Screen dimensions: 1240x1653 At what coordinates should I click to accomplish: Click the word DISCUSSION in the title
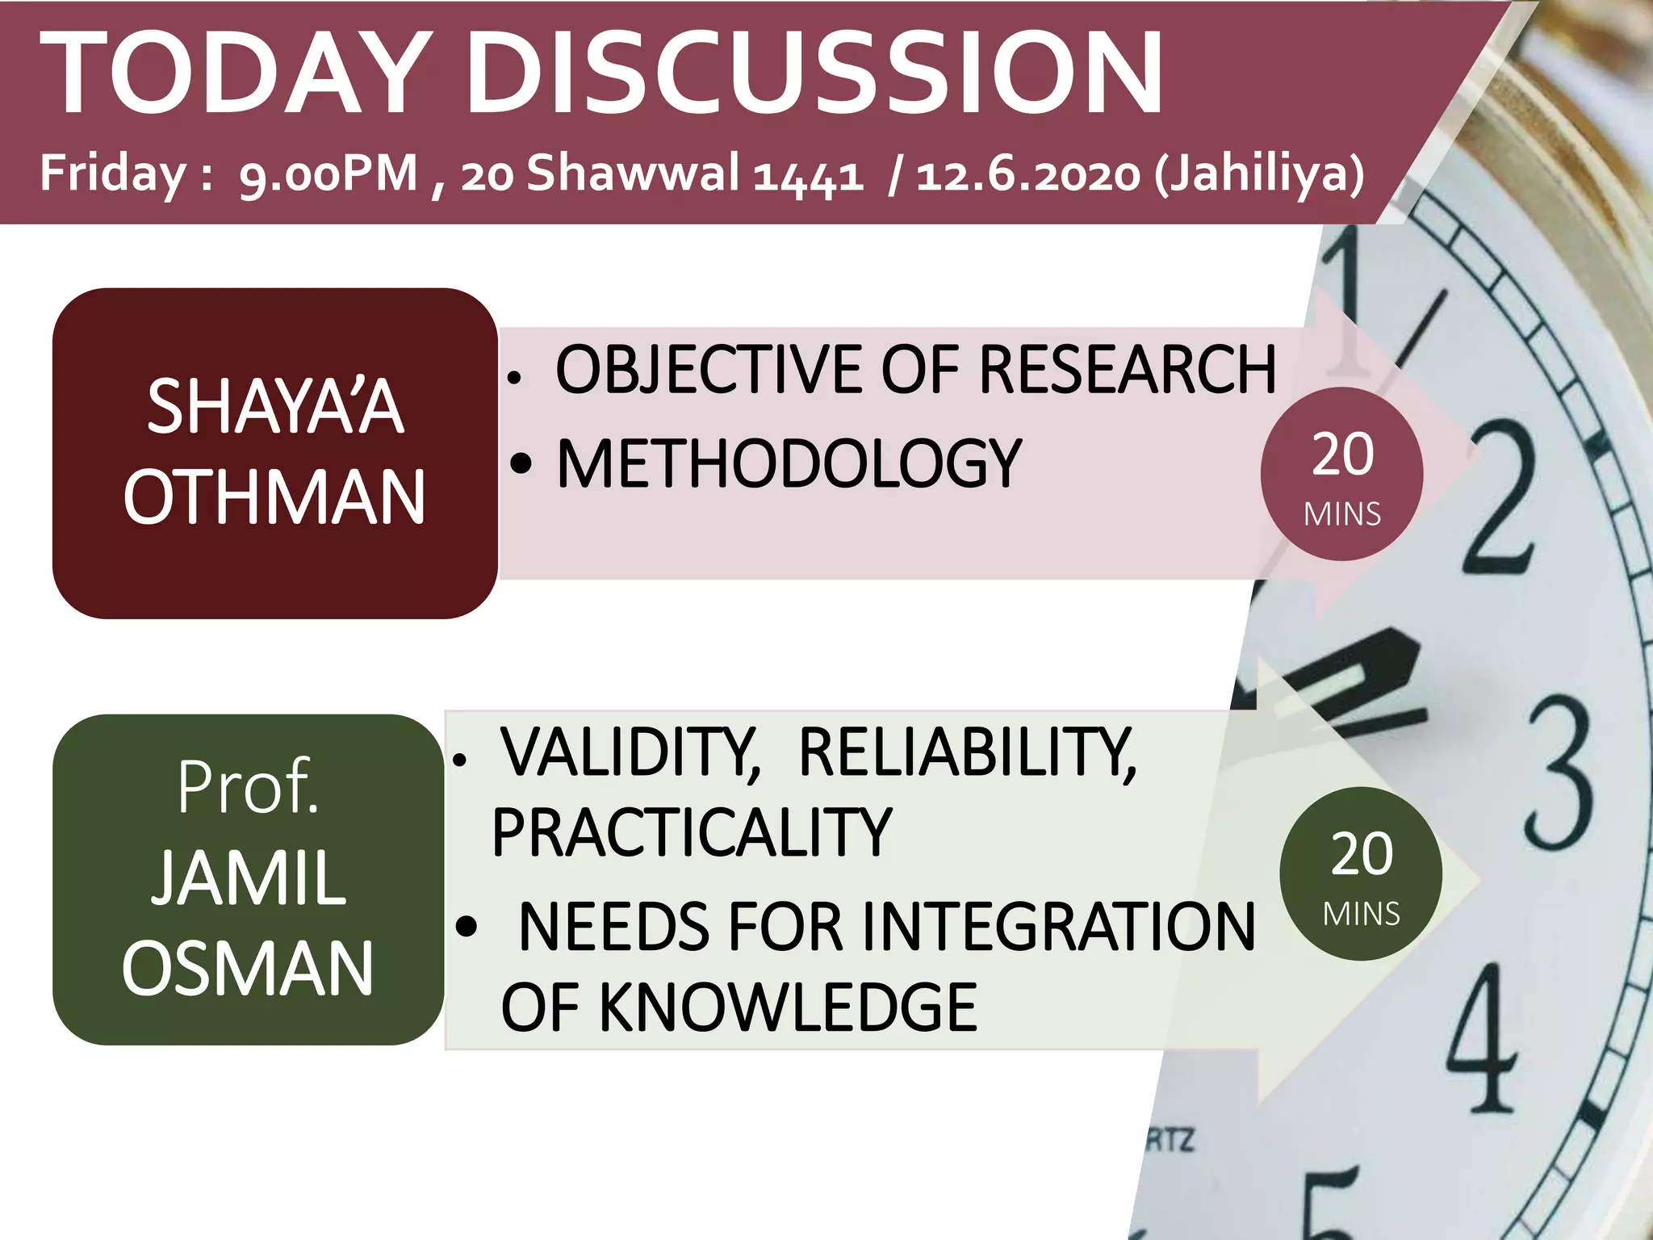[x=814, y=74]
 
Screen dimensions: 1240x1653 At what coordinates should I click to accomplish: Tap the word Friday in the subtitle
[x=113, y=173]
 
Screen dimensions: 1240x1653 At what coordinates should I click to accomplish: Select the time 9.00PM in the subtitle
[x=329, y=174]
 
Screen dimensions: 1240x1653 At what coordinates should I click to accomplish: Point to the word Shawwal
[x=633, y=173]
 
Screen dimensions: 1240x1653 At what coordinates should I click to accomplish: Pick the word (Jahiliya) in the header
[x=1259, y=174]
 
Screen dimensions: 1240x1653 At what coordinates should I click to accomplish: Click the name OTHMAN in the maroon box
[x=274, y=497]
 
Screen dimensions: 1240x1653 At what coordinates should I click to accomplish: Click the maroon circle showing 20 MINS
[x=1341, y=474]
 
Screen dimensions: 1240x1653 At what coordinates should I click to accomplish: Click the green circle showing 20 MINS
[x=1361, y=873]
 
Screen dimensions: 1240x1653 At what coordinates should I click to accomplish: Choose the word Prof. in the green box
[x=249, y=786]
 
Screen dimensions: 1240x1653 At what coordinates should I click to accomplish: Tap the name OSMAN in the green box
[x=249, y=969]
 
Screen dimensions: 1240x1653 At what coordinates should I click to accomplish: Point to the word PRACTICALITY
[x=692, y=832]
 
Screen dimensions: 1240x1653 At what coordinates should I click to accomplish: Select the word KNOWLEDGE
[x=788, y=1007]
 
